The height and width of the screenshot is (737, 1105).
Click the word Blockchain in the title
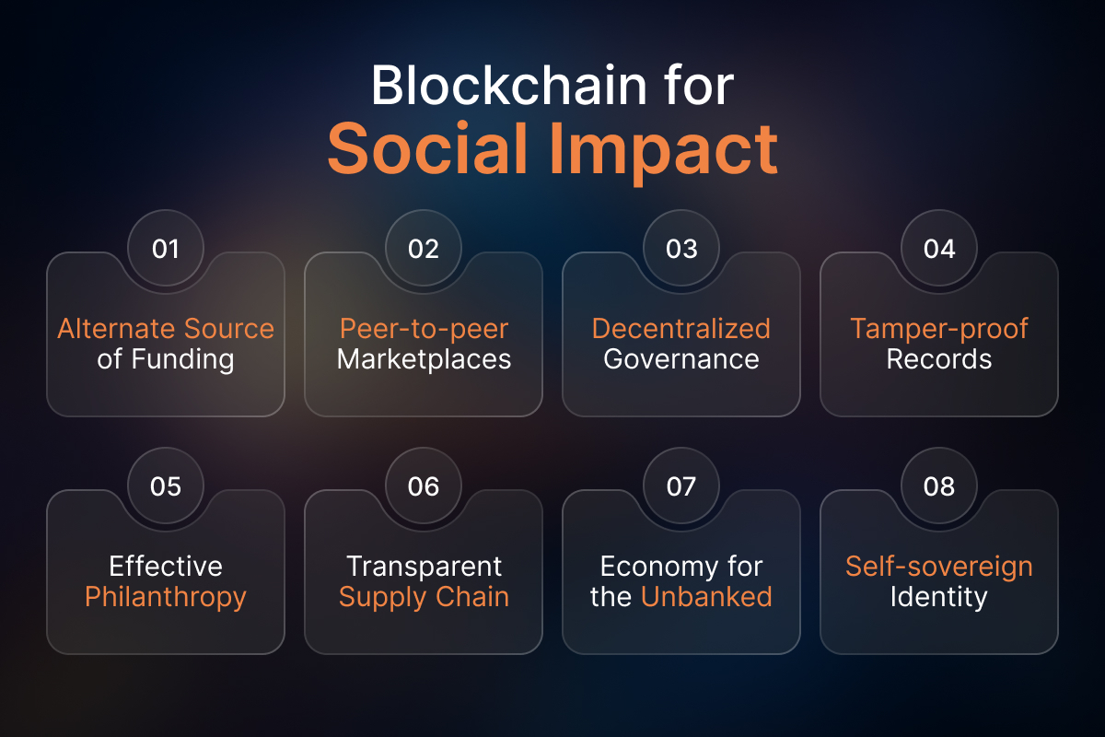coord(508,85)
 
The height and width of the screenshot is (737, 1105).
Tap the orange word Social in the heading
coord(426,148)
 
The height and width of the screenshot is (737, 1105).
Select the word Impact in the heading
coord(664,153)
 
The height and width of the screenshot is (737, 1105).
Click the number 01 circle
coord(166,248)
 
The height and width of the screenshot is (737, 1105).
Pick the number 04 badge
coord(938,248)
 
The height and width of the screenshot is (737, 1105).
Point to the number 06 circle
coord(424,485)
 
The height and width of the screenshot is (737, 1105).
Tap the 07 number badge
coord(681,485)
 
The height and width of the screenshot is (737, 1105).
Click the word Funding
coord(182,360)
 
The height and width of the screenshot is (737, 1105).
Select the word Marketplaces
coord(424,359)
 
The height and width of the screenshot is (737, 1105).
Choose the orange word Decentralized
coord(681,328)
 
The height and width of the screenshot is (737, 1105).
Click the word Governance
coord(681,359)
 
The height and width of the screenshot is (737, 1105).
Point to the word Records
coord(939,359)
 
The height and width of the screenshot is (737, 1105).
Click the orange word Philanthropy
coord(166,598)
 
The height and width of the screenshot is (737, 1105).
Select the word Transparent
coord(424,567)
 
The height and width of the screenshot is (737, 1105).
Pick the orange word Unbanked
coord(706,596)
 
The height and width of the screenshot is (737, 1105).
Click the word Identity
coord(939,598)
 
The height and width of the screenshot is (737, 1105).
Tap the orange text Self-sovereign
coord(939,567)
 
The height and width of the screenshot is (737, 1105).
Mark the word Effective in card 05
coord(166,566)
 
